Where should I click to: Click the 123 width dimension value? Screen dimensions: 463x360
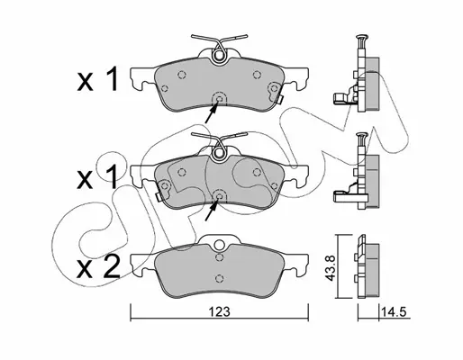[x=220, y=311]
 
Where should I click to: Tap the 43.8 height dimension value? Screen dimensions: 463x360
[x=331, y=268]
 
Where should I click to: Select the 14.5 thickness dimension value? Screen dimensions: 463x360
[x=394, y=311]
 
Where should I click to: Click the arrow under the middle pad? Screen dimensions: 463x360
[x=211, y=211]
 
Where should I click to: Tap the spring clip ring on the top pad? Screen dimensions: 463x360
[x=219, y=56]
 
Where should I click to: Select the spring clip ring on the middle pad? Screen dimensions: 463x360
[x=219, y=153]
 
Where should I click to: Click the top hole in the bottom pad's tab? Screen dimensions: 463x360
[x=220, y=243]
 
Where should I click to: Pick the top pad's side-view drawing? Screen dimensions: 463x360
[x=357, y=74]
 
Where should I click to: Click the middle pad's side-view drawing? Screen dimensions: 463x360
[x=357, y=171]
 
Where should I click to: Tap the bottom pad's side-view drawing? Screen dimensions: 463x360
[x=368, y=266]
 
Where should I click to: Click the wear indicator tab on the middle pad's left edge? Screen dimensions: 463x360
[x=159, y=197]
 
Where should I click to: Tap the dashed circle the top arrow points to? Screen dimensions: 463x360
[x=219, y=98]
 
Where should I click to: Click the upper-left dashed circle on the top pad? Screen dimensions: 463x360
[x=181, y=75]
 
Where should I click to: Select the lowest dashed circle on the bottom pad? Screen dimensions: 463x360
[x=220, y=278]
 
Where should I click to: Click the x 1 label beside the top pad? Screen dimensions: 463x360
[x=97, y=78]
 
